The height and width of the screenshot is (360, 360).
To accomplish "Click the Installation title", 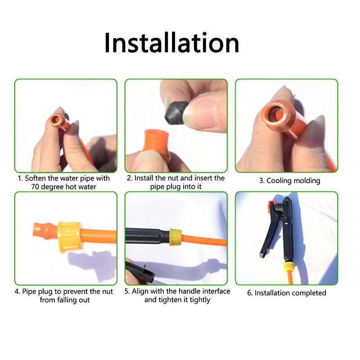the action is coord(172,43).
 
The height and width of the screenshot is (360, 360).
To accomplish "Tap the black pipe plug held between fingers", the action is coord(175,112).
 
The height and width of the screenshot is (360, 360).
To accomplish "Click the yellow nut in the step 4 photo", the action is coord(69,237).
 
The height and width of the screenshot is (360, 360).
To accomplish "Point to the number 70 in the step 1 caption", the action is coord(35,187).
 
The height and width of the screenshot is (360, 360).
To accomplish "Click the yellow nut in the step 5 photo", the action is coord(175,237).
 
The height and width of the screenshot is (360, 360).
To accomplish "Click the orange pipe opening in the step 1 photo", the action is coord(56,119).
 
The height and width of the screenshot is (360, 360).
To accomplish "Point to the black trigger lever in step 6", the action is coord(270,232).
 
